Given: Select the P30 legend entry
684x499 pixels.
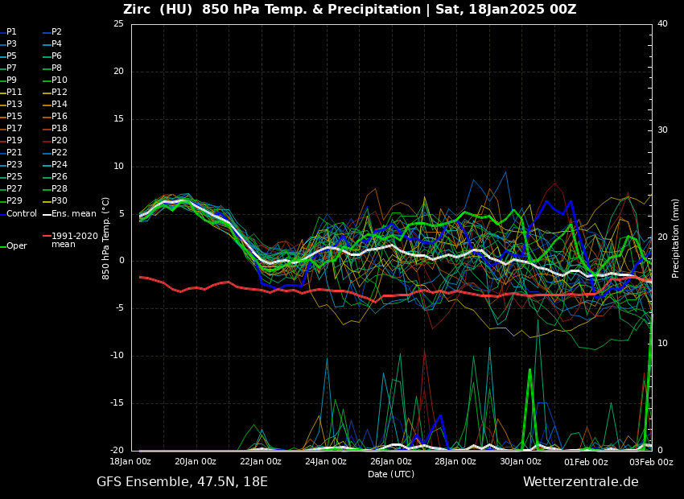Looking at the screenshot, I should coord(59,201).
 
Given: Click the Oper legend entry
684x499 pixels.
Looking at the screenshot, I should coord(16,246).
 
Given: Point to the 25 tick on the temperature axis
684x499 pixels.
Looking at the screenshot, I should coord(118,24).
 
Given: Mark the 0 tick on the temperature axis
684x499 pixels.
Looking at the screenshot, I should coord(121,261).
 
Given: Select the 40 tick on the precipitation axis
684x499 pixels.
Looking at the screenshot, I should coord(662,24).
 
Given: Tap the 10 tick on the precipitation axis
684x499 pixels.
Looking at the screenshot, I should coord(662,344).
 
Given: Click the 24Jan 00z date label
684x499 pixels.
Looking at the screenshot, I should coord(326,462).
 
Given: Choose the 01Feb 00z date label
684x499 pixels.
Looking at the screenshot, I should coord(586,462).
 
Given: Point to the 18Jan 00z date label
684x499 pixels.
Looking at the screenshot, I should coord(130,462).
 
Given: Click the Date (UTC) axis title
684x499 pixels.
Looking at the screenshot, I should coord(391,474).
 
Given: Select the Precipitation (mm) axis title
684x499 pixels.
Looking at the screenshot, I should coord(676,238).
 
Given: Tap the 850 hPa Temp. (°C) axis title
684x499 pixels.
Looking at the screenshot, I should coord(106,238).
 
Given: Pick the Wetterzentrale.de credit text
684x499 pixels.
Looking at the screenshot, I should coord(580,482).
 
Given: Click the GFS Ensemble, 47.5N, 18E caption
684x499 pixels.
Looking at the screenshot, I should coord(182,482).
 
